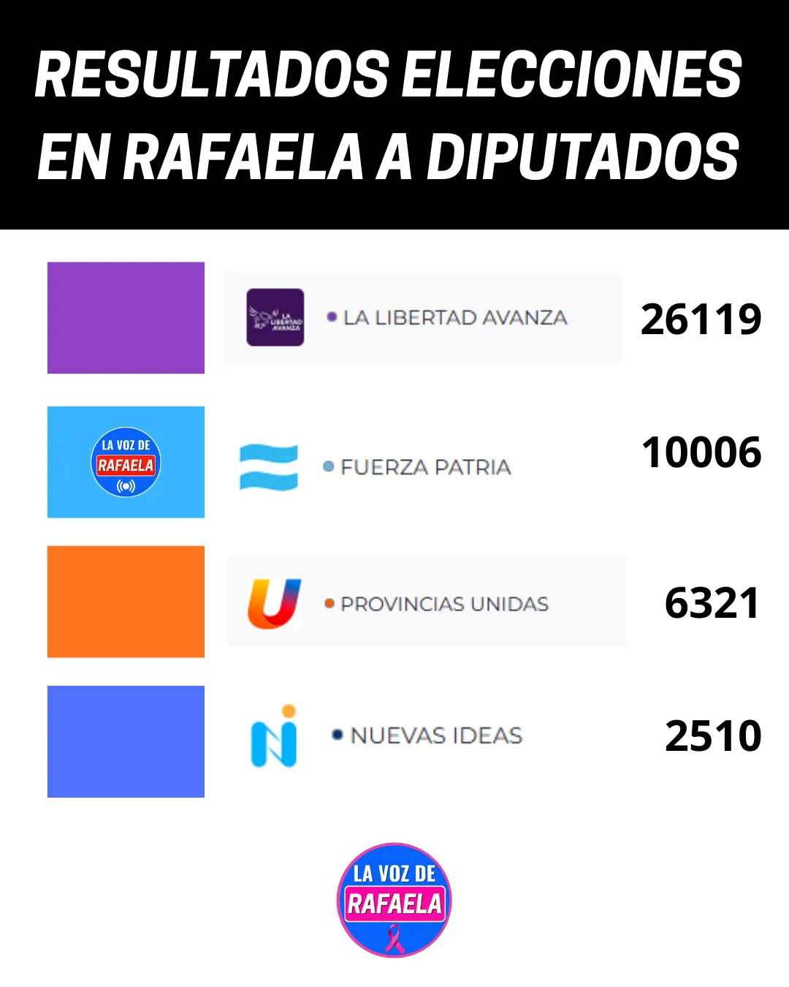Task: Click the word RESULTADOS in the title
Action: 212,75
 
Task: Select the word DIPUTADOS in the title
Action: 583,156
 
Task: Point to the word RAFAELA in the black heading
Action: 243,156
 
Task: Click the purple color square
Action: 126,318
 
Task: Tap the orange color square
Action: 126,602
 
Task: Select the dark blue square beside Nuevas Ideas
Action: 126,741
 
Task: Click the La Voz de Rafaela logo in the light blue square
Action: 126,462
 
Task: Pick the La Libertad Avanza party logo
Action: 275,317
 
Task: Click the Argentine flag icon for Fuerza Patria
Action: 269,467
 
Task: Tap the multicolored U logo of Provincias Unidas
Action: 274,603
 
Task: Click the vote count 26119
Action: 701,319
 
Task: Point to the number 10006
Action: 701,453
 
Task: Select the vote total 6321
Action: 712,604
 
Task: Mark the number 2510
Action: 713,736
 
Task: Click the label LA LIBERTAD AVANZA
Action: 455,318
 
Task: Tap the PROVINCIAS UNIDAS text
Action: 444,605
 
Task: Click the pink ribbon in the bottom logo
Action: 394,939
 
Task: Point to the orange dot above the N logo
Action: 289,711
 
